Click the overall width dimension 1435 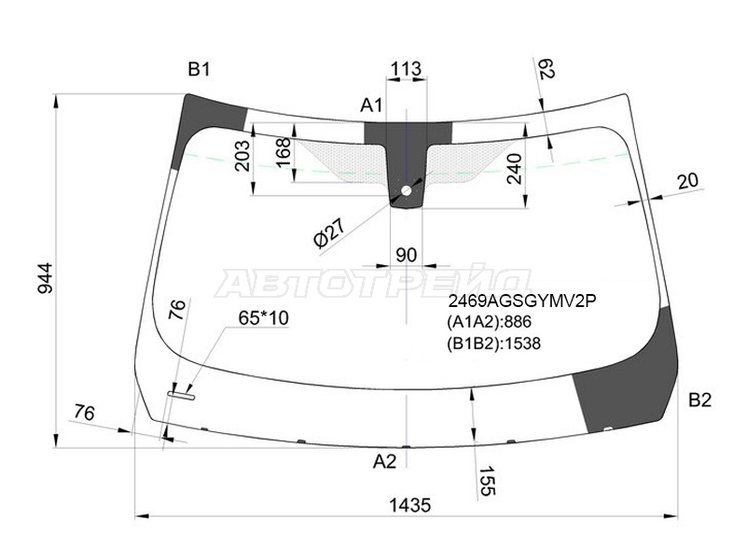point(409,505)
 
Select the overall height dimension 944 point(46,277)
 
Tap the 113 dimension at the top point(406,68)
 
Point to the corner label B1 point(199,70)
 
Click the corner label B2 point(700,400)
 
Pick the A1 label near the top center point(371,105)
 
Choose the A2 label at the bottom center point(384,461)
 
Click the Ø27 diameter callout point(329,233)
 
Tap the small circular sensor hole point(407,191)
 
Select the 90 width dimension point(407,255)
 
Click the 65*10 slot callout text point(264,318)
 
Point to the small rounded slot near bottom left point(181,395)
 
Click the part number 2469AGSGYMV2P point(522,301)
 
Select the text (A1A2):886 point(489,322)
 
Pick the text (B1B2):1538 point(494,343)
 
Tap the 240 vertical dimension point(515,169)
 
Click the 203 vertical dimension point(243,156)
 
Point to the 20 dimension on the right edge point(688,181)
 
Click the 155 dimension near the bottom point(487,481)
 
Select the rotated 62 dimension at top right point(547,68)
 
